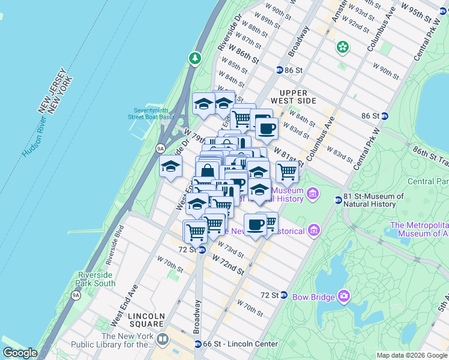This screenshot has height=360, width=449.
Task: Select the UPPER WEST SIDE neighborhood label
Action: coord(289,97)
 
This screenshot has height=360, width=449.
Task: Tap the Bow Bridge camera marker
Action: coord(343,295)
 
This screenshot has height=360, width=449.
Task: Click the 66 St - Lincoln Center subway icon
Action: coord(197,344)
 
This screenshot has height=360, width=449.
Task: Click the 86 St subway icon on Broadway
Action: coord(279,70)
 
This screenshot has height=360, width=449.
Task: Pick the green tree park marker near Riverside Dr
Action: coord(194,58)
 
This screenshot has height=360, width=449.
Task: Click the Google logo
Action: coord(20,353)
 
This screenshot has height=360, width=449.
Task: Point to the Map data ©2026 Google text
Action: coord(411,355)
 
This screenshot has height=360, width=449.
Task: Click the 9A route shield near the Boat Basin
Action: coord(160,148)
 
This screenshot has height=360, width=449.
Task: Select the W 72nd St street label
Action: coord(228,263)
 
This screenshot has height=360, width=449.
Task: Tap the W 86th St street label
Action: coord(243,56)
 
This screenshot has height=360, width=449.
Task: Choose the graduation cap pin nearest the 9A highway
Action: coord(171,166)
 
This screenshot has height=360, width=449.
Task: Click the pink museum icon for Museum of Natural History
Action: coord(312,193)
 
